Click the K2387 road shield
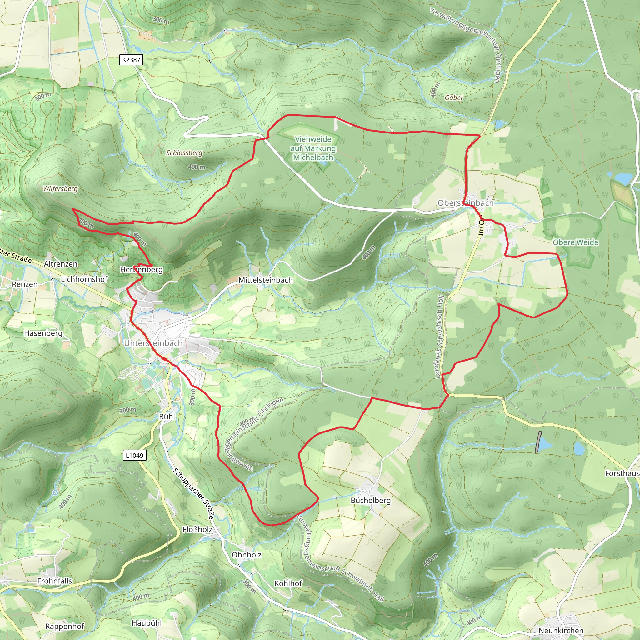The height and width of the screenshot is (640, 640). coord(131,60)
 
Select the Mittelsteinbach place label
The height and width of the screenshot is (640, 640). coord(265,280)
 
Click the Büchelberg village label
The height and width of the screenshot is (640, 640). coord(370,500)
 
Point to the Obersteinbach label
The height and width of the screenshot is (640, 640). coord(465,203)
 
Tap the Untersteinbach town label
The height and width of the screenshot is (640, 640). coord(153,343)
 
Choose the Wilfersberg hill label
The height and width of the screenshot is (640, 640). coord(60,188)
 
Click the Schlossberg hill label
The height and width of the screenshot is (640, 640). coord(184,153)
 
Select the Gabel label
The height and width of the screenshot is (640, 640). coord(453,97)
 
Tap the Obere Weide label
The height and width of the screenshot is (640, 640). coord(575,242)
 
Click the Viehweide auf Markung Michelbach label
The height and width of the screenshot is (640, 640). coord(313,148)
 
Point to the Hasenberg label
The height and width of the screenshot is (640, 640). coord(43,333)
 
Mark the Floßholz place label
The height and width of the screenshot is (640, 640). coord(197,529)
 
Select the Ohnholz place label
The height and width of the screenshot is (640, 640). coord(247,555)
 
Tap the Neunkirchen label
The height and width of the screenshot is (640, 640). coord(561,630)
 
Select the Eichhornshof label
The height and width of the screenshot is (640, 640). coord(84,279)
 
